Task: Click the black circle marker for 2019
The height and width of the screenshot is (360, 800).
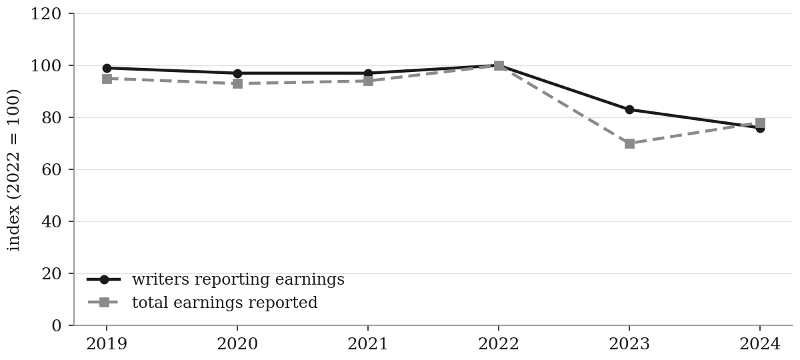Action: [107, 68]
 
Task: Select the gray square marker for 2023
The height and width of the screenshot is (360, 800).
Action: [629, 143]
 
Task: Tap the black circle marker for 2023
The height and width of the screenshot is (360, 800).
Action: [629, 109]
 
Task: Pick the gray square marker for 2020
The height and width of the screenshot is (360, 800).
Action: [237, 84]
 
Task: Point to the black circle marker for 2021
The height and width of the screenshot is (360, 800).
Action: [368, 73]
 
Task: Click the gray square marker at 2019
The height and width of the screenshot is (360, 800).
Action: [107, 79]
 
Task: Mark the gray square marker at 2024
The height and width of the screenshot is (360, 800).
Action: [761, 123]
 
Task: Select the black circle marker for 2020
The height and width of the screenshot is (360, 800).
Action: [237, 73]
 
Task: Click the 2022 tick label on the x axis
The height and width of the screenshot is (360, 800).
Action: [499, 345]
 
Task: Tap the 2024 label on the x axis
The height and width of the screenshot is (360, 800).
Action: [760, 345]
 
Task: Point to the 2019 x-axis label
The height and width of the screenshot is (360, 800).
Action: [107, 345]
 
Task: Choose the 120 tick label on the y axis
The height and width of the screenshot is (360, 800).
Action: [46, 14]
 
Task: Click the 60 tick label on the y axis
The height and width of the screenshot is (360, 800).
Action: [51, 170]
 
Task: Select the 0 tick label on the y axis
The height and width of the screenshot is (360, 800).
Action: [57, 326]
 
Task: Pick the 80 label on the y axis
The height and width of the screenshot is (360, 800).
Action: [51, 118]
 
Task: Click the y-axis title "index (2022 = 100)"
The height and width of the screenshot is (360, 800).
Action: [13, 170]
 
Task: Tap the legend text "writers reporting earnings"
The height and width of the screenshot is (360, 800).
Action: [238, 279]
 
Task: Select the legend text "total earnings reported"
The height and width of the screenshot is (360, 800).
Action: [225, 303]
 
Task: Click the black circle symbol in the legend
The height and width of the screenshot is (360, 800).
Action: [104, 279]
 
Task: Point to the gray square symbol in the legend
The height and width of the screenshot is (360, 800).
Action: [104, 303]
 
